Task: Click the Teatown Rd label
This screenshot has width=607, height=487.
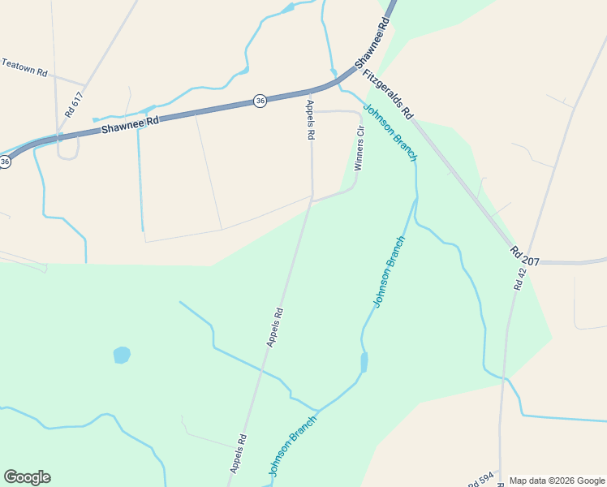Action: (x=24, y=67)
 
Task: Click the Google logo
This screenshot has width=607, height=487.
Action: (x=27, y=477)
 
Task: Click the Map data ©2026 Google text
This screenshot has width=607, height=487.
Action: (x=556, y=481)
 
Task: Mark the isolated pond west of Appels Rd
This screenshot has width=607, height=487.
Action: (x=122, y=355)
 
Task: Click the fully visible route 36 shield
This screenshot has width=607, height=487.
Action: (x=260, y=101)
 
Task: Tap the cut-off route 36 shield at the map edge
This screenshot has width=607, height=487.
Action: (x=5, y=162)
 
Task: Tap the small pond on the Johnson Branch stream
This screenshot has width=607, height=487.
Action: (x=364, y=362)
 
